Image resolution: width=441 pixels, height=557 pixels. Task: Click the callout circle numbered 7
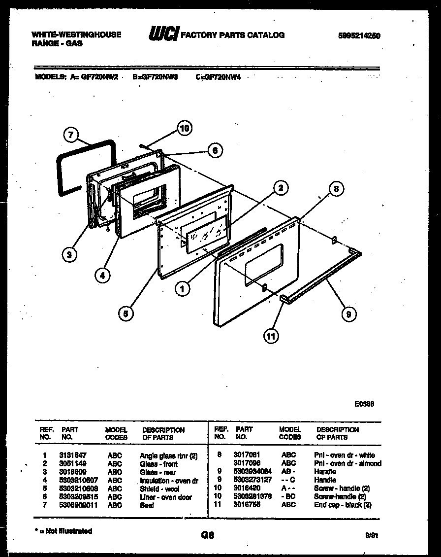71,134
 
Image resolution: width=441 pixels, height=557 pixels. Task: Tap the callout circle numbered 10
184,129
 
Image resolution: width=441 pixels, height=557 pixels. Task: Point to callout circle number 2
280,187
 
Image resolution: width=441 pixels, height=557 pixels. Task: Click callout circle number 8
336,189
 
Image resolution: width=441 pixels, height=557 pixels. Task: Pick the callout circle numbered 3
70,254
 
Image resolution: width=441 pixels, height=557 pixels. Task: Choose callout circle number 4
102,276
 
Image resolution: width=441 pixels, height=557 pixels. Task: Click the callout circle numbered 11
270,337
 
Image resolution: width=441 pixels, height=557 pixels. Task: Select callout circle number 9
348,314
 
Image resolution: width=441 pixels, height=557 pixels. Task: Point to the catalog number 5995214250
359,35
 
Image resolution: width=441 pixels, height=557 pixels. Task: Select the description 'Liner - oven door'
166,497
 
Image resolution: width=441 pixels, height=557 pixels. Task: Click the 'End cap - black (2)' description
343,505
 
